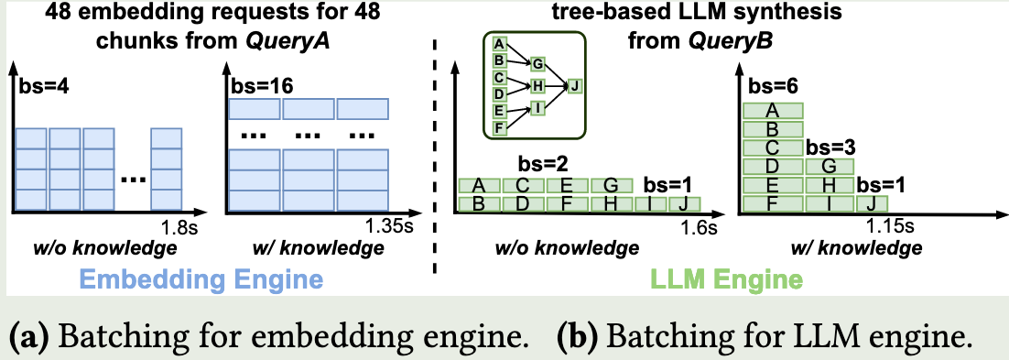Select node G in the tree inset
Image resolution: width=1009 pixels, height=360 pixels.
(537, 63)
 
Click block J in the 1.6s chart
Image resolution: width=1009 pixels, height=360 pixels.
(683, 203)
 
